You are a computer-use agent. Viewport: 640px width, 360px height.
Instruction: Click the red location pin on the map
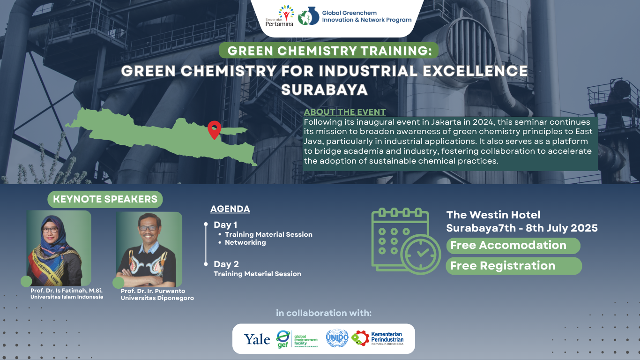click(x=214, y=129)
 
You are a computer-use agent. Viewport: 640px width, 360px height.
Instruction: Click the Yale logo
click(x=257, y=339)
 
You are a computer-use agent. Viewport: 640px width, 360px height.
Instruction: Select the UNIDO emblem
click(x=337, y=338)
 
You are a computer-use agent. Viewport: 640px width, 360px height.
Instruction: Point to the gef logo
click(x=297, y=339)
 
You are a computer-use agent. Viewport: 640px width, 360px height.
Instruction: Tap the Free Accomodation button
click(x=513, y=246)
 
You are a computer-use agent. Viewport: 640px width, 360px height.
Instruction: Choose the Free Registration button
click(x=513, y=266)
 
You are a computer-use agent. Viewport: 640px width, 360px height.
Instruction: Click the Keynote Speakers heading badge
click(x=105, y=199)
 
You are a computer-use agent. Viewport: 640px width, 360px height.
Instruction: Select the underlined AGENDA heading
click(x=230, y=209)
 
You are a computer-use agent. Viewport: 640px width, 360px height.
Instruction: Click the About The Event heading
click(x=344, y=112)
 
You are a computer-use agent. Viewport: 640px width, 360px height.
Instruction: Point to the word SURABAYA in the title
click(x=324, y=90)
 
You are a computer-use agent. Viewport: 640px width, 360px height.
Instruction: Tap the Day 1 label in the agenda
click(x=225, y=225)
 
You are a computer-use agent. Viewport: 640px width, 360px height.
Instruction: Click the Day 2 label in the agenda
click(x=226, y=264)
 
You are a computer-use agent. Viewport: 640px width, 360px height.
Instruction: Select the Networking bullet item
click(x=245, y=242)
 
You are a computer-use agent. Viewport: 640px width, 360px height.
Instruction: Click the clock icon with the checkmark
click(x=421, y=254)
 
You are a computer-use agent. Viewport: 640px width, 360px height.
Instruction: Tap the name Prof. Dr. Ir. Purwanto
click(x=153, y=291)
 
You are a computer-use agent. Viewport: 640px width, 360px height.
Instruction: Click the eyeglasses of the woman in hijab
click(x=50, y=230)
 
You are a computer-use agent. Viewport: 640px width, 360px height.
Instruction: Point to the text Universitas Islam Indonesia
click(x=67, y=297)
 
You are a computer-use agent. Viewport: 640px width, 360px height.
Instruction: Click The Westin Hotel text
click(x=493, y=215)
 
